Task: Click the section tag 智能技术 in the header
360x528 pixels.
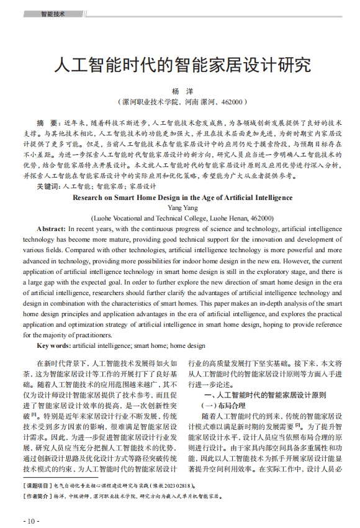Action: point(53,14)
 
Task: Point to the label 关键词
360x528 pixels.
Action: point(48,186)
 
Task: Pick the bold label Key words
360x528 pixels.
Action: point(53,345)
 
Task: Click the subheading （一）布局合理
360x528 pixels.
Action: point(223,405)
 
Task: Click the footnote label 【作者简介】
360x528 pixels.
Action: point(37,496)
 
